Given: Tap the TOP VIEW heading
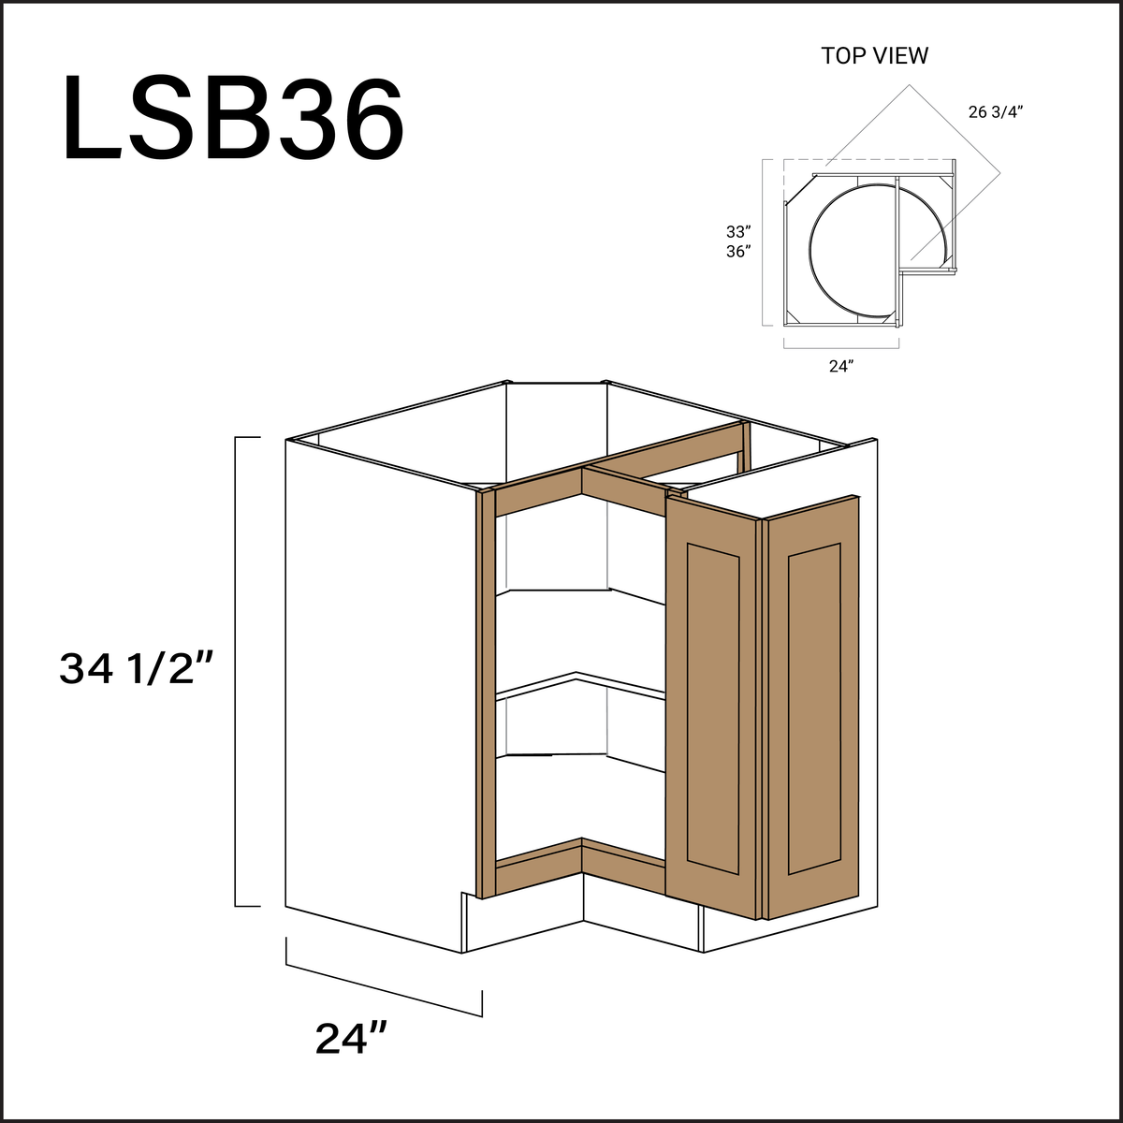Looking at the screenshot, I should (x=875, y=56).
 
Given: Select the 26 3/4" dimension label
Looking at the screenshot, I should (x=996, y=112).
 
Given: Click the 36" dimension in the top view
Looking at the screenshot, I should (x=738, y=251).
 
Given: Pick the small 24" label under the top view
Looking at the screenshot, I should (x=841, y=366).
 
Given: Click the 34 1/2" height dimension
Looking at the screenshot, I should (x=138, y=669).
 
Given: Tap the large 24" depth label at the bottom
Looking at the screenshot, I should (x=351, y=1039).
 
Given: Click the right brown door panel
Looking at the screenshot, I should (x=813, y=707).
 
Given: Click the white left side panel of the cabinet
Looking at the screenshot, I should (x=374, y=693).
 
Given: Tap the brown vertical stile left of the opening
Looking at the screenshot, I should (x=485, y=693).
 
